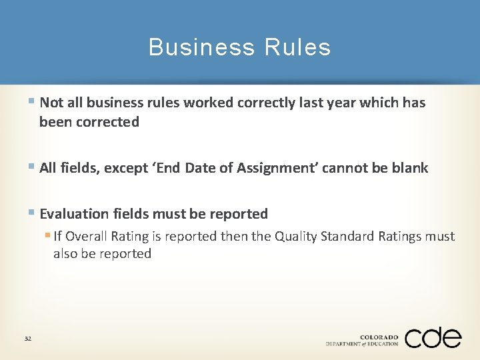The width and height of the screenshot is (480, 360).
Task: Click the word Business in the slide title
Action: (x=201, y=47)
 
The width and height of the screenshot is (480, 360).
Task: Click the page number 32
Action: (x=28, y=339)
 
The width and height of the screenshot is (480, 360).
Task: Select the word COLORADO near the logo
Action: (x=379, y=337)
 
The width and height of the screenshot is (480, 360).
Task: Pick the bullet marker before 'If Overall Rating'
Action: (x=48, y=235)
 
